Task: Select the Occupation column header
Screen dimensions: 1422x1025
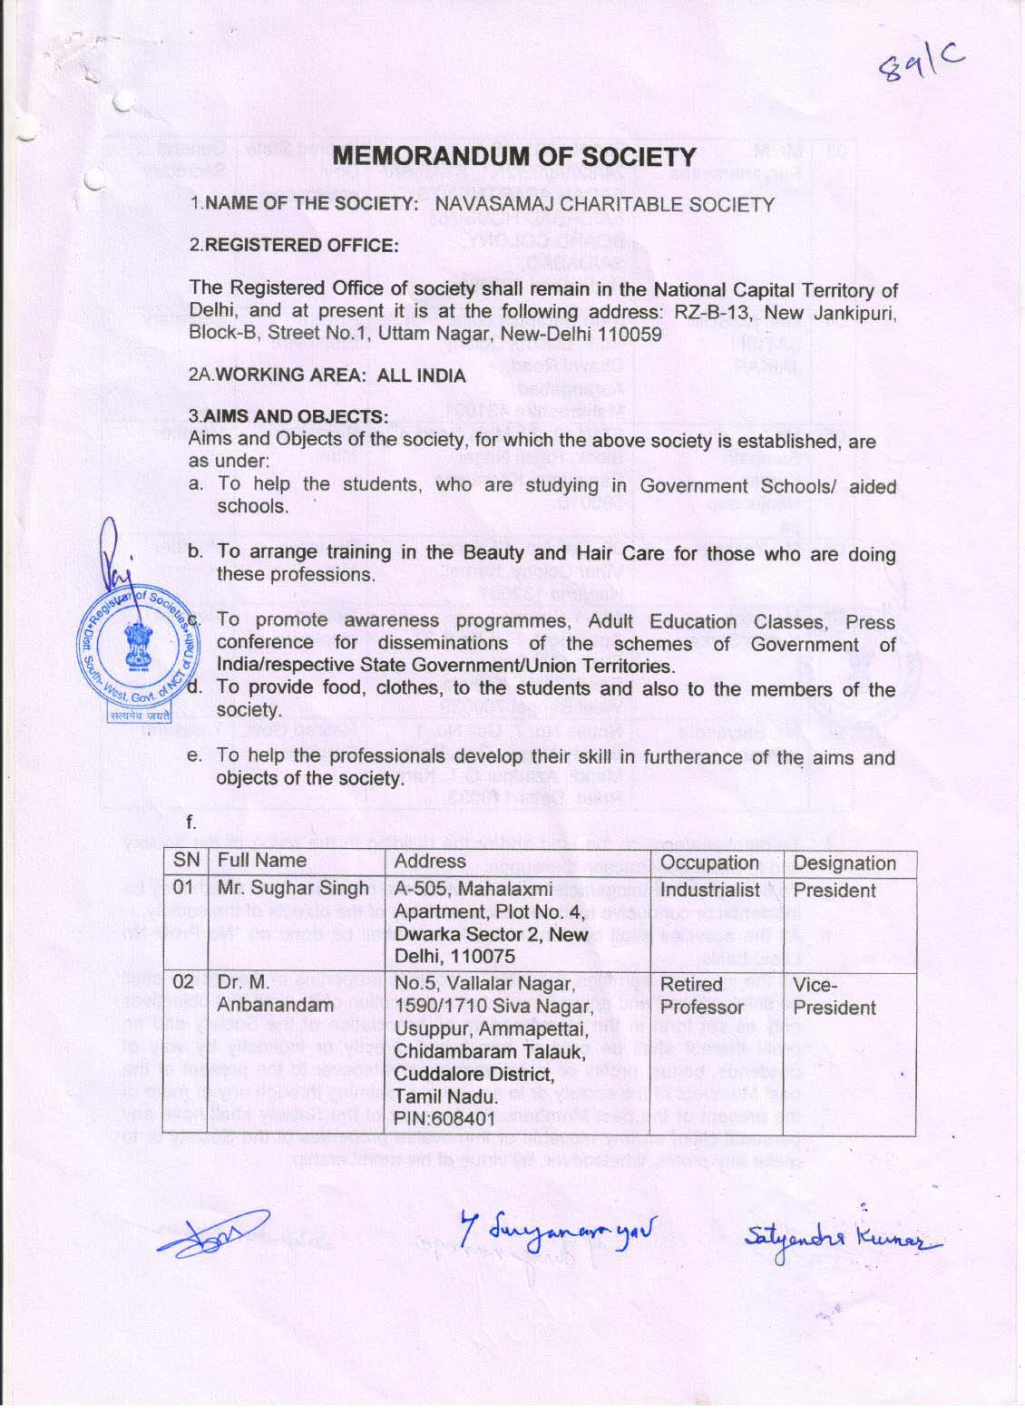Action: click(709, 862)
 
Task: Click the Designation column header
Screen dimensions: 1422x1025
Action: click(844, 863)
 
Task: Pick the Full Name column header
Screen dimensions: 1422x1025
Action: click(262, 861)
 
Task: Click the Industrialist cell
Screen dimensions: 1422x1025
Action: click(710, 890)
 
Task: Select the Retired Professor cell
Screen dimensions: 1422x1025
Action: click(703, 996)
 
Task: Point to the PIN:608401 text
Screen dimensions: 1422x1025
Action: click(445, 1118)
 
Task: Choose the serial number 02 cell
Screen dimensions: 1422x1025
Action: click(184, 983)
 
